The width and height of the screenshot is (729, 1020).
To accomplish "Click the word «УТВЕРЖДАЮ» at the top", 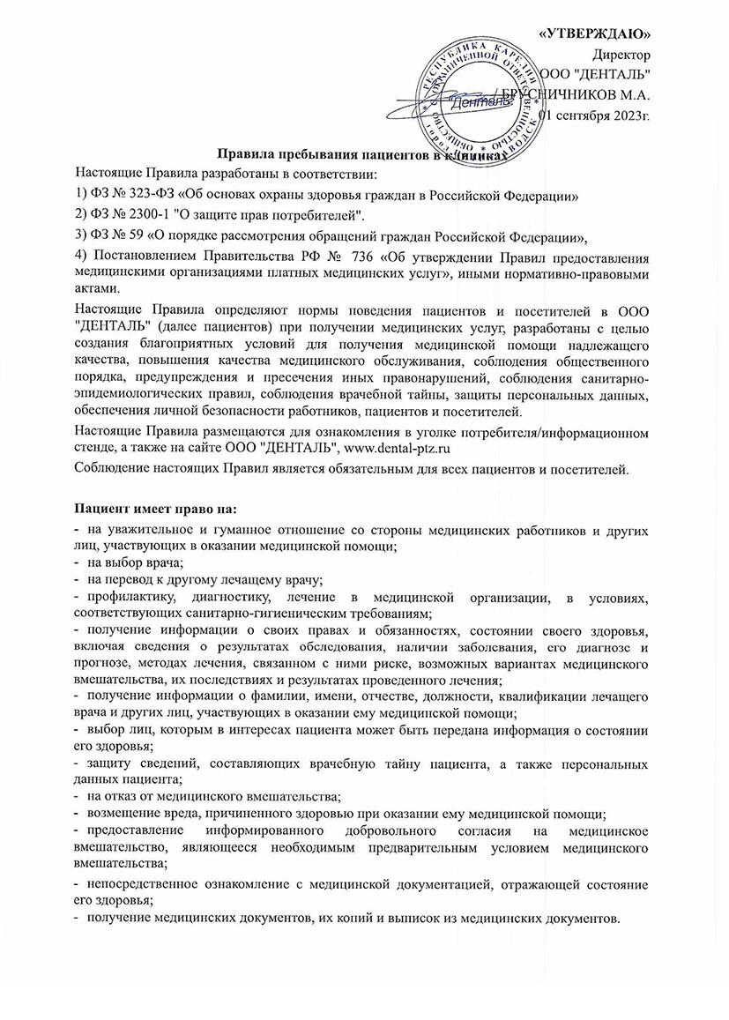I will point(594,34).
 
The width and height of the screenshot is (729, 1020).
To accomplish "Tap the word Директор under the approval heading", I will point(622,54).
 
